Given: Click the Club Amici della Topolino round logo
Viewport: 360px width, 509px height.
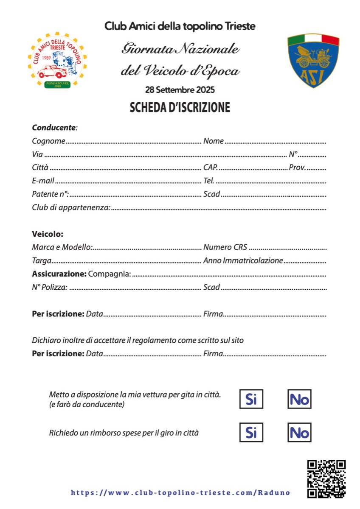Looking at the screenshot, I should click(x=57, y=61).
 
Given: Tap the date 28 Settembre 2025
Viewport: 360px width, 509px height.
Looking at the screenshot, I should click(x=180, y=90).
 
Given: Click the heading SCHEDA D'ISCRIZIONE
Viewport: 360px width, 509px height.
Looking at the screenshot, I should click(x=180, y=107).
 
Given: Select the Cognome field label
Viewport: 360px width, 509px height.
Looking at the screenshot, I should click(x=48, y=141).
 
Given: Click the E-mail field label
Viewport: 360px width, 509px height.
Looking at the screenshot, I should click(x=43, y=181).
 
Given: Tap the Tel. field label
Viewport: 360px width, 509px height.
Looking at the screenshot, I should click(x=209, y=181).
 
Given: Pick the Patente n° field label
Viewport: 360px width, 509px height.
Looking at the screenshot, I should click(x=51, y=195).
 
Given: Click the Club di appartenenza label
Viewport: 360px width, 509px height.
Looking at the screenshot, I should click(x=71, y=208).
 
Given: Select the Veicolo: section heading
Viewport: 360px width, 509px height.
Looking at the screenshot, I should click(x=48, y=234).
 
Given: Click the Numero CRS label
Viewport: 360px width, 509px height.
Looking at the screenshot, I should click(x=225, y=247).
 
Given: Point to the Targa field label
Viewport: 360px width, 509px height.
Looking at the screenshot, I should click(x=42, y=260).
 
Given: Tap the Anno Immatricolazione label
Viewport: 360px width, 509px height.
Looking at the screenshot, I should click(x=243, y=260).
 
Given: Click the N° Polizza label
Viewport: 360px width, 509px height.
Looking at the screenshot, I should click(x=50, y=287).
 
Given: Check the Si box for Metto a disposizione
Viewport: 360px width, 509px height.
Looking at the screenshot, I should click(x=251, y=399).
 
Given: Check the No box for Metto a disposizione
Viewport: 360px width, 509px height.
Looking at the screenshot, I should click(x=299, y=399).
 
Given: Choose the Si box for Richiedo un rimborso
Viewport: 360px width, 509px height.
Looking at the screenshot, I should click(x=251, y=433).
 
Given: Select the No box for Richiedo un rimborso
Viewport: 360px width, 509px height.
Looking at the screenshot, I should click(x=299, y=433).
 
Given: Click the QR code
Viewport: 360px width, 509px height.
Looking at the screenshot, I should click(x=326, y=479).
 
